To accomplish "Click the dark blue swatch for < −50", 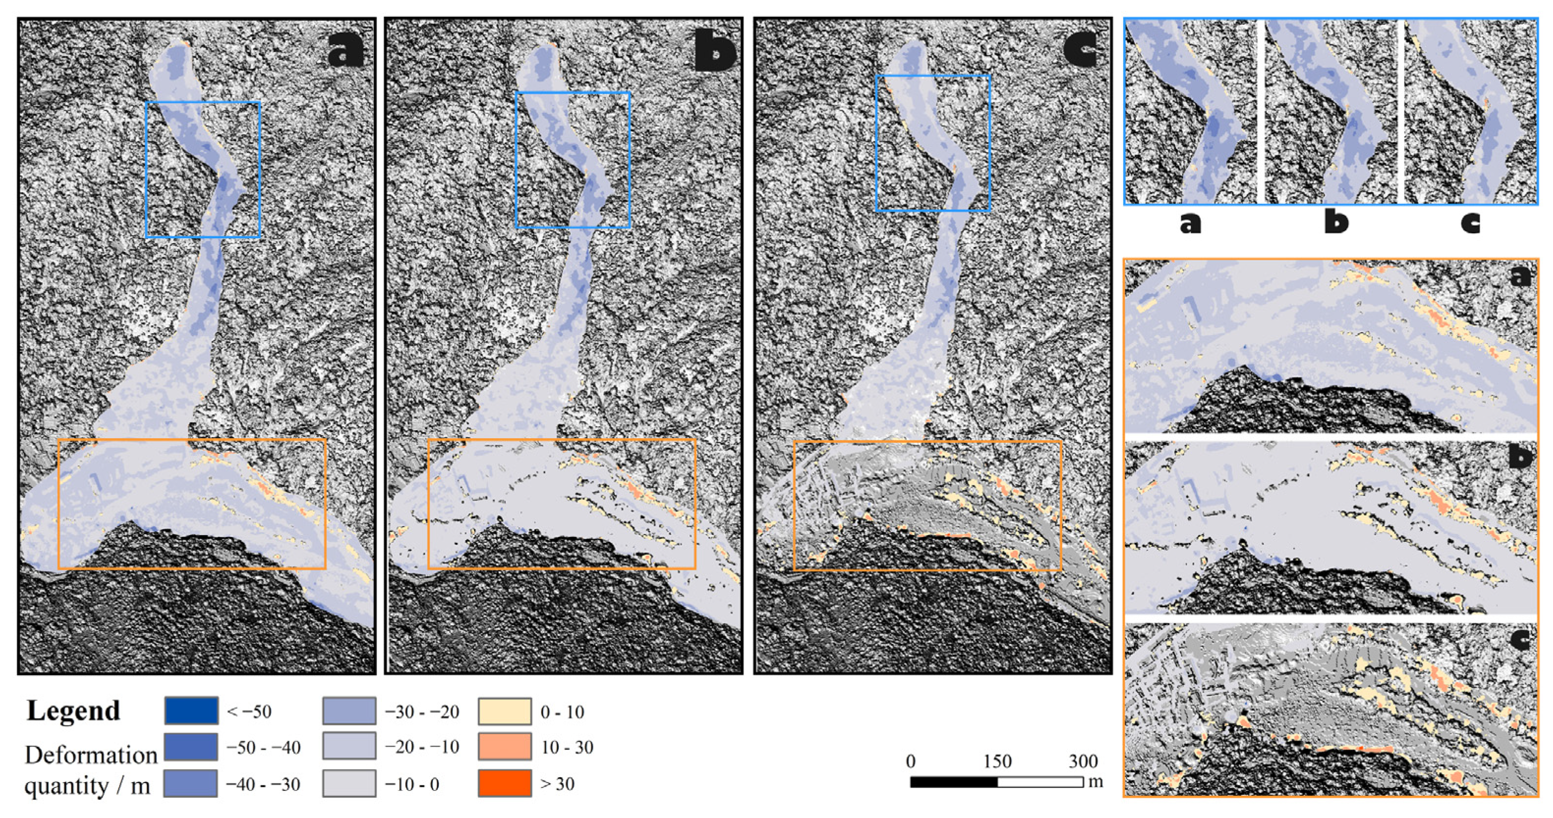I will coord(191,711).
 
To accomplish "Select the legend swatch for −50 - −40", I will coord(191,747).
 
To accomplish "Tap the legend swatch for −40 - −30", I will coord(191,783).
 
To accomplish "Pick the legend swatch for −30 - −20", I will coord(349,711).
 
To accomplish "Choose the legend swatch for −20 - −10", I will coord(349,747).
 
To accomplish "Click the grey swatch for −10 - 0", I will coord(349,783).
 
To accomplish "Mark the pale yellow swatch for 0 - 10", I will coord(505,711).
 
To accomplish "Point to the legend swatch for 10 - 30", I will coord(505,747).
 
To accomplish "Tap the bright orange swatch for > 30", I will coord(505,783).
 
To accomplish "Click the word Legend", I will coord(73,710).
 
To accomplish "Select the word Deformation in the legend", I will coord(91,754).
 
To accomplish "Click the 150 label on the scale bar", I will coord(997,761).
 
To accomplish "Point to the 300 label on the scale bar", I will coord(1083,761).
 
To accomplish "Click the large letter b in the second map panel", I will coord(714,53).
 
